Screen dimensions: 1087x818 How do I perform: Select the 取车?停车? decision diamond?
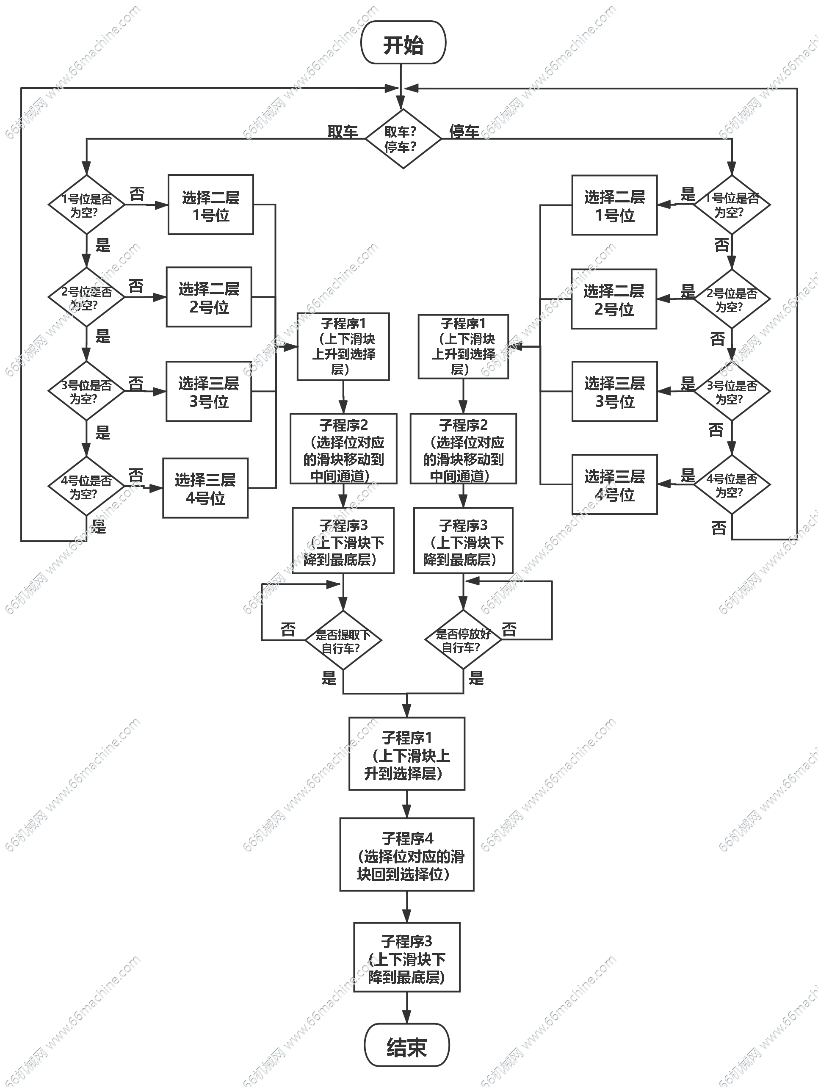click(x=402, y=139)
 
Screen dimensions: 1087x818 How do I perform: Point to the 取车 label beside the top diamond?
click(x=343, y=131)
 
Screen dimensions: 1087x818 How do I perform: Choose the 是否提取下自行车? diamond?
click(x=343, y=640)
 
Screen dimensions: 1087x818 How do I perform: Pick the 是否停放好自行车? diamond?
click(x=462, y=640)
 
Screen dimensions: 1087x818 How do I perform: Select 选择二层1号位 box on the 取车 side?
click(x=211, y=205)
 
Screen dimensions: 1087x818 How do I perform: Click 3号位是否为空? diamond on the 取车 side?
click(x=86, y=391)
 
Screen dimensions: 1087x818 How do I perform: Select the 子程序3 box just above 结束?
click(x=407, y=958)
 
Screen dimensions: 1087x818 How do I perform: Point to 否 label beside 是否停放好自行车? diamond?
click(x=509, y=628)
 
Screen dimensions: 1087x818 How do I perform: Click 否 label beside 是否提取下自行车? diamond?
click(x=288, y=628)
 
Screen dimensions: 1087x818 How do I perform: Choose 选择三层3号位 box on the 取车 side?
click(x=209, y=392)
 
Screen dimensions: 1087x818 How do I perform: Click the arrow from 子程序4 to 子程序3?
click(x=407, y=907)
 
